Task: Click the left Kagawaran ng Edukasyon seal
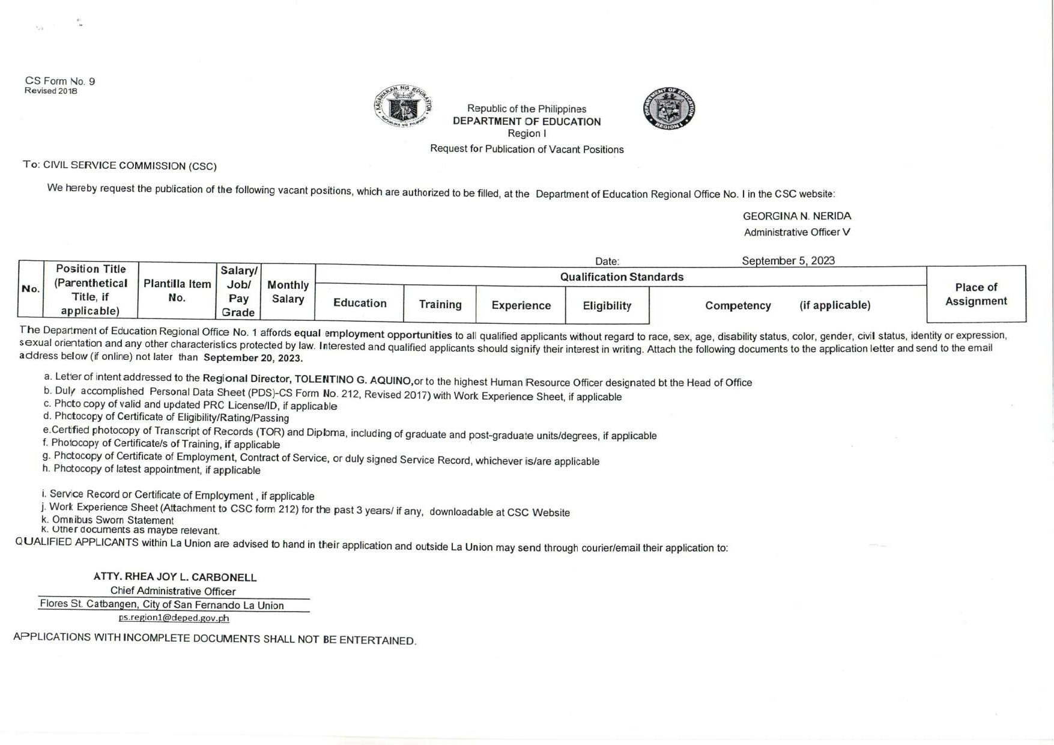tap(404, 106)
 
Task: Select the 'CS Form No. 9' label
tap(60, 81)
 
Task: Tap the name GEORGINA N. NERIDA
tap(796, 216)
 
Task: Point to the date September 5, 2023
tap(788, 261)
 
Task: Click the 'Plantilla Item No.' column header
tap(177, 291)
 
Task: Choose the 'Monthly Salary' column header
tap(288, 292)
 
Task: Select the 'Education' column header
tap(360, 303)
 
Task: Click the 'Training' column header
tap(440, 305)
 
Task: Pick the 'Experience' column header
tap(521, 305)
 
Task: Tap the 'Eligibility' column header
tap(607, 306)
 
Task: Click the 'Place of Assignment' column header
tap(976, 294)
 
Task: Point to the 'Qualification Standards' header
tap(622, 277)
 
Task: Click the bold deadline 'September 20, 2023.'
tap(253, 358)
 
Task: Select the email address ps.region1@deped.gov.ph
tap(174, 618)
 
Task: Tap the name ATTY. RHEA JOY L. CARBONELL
tap(175, 577)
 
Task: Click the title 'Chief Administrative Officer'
tap(173, 591)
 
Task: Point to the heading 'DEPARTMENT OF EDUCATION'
tap(527, 121)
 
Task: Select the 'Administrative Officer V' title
tap(796, 233)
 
